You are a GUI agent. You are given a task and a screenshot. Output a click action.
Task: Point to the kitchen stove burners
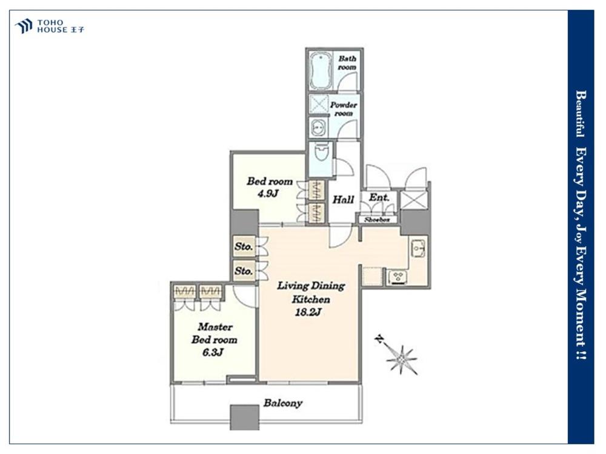pyautogui.click(x=398, y=277)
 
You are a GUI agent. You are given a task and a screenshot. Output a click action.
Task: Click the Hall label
pyautogui.click(x=343, y=200)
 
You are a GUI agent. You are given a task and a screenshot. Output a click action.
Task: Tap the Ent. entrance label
pyautogui.click(x=379, y=197)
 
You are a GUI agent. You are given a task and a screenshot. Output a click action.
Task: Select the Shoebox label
pyautogui.click(x=377, y=219)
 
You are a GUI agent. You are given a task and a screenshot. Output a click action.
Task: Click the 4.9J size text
pyautogui.click(x=268, y=194)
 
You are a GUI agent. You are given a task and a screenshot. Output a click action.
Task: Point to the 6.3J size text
pyautogui.click(x=213, y=352)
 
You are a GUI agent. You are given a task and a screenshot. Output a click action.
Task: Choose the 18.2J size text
pyautogui.click(x=308, y=312)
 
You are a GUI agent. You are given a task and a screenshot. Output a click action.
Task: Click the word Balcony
pyautogui.click(x=283, y=403)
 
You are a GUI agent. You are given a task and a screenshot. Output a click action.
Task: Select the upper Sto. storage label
pyautogui.click(x=244, y=246)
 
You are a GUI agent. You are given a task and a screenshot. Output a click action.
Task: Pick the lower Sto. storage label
pyautogui.click(x=244, y=271)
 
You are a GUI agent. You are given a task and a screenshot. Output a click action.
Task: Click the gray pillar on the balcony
pyautogui.click(x=245, y=417)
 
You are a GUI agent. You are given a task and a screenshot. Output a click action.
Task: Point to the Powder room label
pyautogui.click(x=344, y=109)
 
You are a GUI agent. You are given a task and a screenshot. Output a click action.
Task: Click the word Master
pyautogui.click(x=215, y=327)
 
